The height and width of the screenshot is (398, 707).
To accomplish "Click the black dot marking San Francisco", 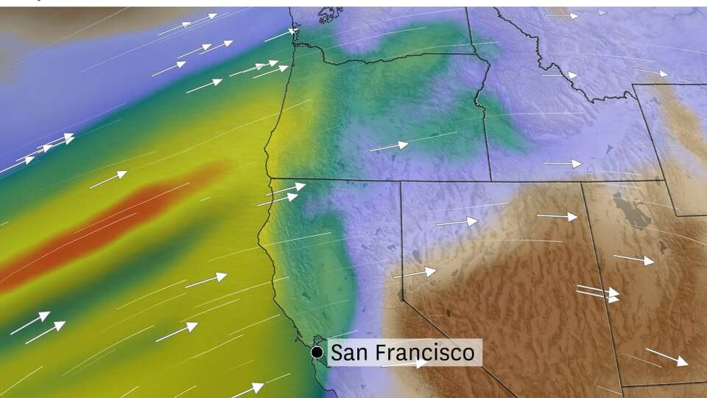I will (x=317, y=352).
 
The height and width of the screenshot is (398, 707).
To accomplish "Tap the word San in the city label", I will (x=350, y=353).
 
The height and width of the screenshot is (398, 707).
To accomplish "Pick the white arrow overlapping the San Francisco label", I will (x=405, y=363).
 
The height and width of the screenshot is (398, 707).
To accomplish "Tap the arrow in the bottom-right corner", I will (x=667, y=357).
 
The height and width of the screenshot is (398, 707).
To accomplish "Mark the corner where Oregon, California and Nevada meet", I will (x=401, y=181).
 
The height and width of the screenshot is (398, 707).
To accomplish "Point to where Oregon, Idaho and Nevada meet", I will (x=491, y=181).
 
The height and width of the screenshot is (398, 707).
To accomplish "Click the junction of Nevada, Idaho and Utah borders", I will (x=582, y=182).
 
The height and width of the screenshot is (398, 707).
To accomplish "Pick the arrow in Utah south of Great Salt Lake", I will (x=633, y=260).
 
